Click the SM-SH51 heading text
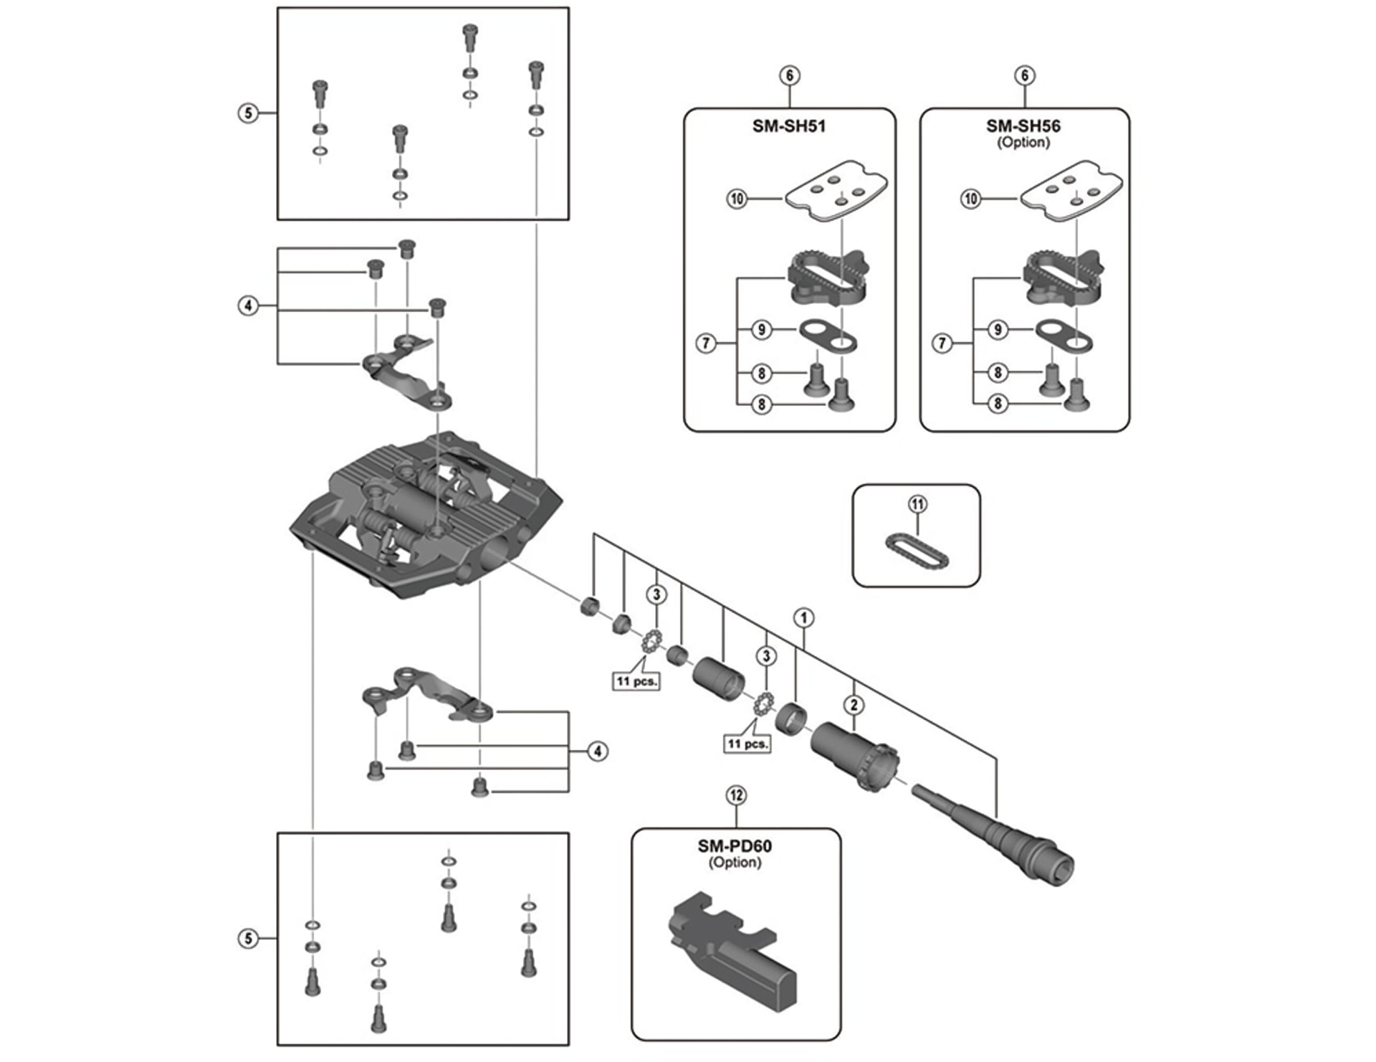click(788, 126)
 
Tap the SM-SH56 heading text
click(1023, 126)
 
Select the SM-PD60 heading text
click(735, 846)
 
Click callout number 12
click(736, 795)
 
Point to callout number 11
click(917, 504)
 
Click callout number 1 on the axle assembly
click(804, 617)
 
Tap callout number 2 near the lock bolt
click(854, 704)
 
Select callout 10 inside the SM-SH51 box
click(737, 199)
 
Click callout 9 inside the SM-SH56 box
click(998, 330)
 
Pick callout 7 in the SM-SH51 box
click(706, 343)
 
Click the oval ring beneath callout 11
click(917, 551)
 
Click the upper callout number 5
click(248, 113)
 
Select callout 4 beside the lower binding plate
click(597, 752)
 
